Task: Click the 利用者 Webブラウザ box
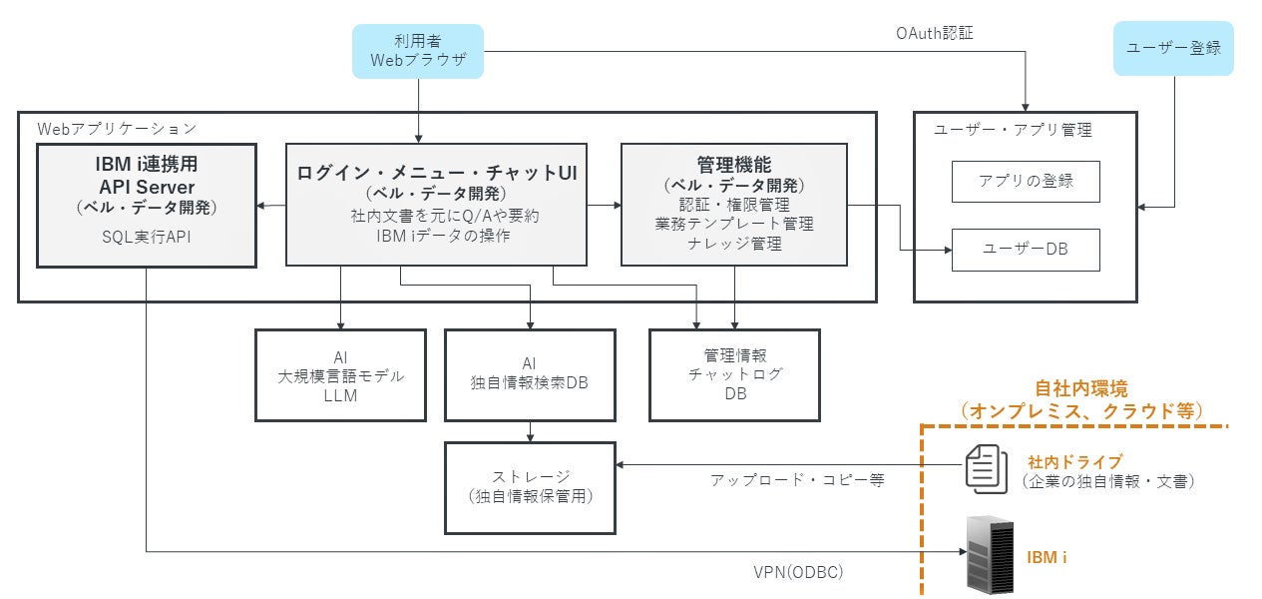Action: (418, 51)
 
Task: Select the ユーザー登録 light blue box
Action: (1173, 49)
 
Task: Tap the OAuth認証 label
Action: (935, 33)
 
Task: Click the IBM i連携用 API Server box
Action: (147, 206)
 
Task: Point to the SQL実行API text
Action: (147, 237)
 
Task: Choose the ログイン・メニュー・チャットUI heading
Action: (437, 173)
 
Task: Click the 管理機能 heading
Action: (734, 165)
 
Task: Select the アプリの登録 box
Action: (1026, 182)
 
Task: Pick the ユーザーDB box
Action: (1026, 250)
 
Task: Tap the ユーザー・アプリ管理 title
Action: (1013, 130)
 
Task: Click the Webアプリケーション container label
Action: (117, 129)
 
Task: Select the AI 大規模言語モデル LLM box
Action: (340, 375)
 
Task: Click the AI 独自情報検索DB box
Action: (530, 375)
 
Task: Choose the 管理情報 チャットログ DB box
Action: (734, 375)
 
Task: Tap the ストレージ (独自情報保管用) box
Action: (530, 488)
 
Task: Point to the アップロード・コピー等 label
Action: (797, 480)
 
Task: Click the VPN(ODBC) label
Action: (798, 572)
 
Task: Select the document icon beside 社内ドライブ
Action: (987, 468)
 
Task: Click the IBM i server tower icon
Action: (990, 554)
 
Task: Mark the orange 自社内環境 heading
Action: (1081, 388)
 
